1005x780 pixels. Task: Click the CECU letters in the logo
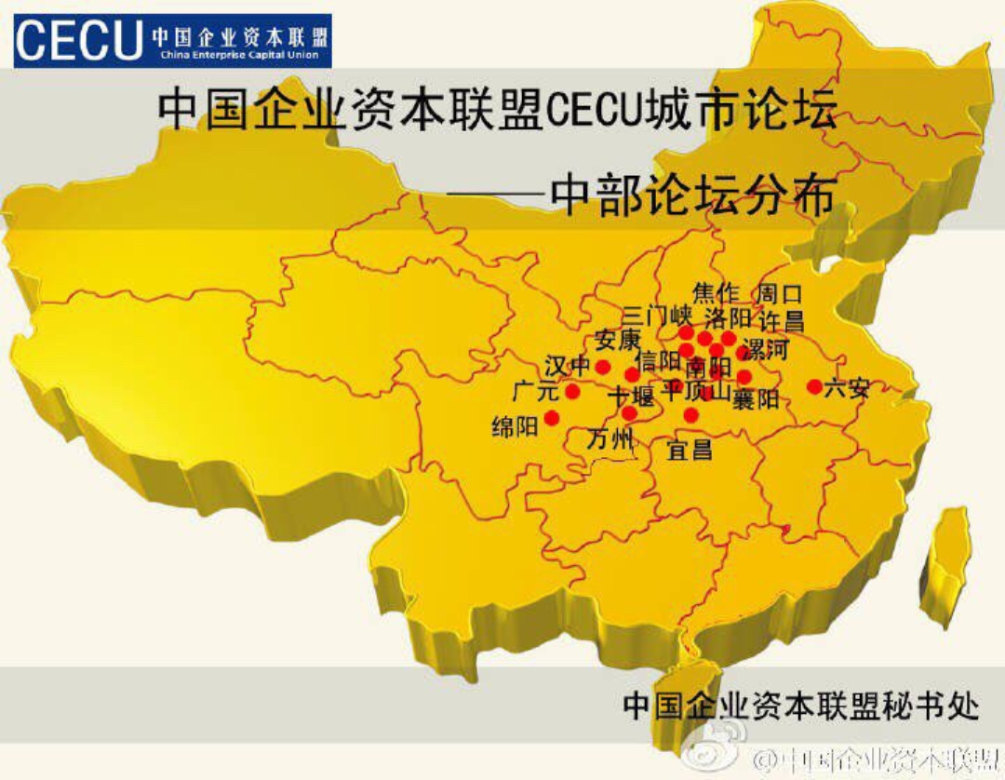point(78,40)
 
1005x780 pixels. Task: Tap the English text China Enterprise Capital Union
point(245,56)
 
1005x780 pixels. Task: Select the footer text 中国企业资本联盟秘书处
point(800,705)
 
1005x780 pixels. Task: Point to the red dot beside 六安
point(814,386)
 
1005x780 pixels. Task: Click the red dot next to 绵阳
point(552,418)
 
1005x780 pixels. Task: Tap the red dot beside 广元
point(572,392)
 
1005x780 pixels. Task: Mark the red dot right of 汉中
point(602,367)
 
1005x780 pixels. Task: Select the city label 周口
point(780,294)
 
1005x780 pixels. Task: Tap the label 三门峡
point(658,316)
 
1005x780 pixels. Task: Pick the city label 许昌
point(782,321)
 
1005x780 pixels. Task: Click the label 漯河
point(768,350)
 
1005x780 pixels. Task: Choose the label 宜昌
point(690,451)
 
